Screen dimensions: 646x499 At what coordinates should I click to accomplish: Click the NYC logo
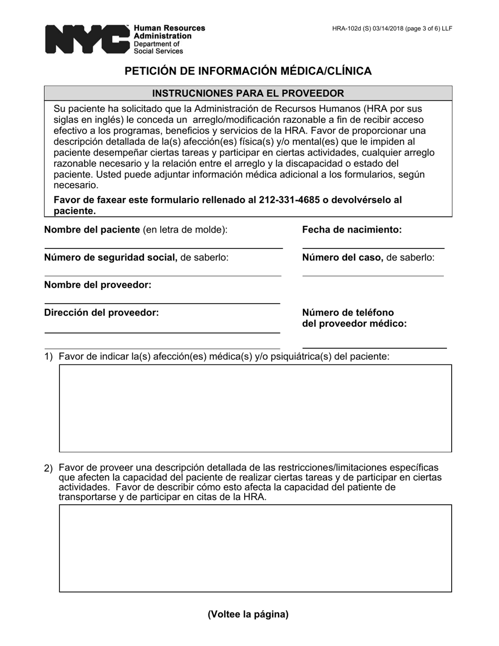tap(87, 39)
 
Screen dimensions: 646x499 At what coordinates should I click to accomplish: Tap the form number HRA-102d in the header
tap(347, 28)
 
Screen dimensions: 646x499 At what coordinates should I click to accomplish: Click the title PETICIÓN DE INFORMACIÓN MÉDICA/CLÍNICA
tap(248, 71)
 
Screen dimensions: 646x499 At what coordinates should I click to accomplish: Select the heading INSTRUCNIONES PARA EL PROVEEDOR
tap(248, 93)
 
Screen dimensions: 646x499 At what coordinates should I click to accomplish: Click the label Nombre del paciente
tap(92, 230)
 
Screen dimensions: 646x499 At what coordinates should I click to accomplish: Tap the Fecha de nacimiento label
tap(351, 230)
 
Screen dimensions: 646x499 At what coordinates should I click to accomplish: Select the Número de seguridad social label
tap(110, 257)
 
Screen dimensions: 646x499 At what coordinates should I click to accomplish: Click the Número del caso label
tap(342, 257)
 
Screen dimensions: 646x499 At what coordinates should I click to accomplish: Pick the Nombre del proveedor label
tap(98, 285)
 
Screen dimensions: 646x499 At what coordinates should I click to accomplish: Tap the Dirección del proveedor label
tap(101, 312)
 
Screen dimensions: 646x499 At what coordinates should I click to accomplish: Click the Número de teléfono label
tap(348, 312)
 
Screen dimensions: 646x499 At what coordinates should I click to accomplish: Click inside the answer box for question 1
tap(255, 408)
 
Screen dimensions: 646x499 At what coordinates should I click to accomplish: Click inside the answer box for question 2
tap(255, 548)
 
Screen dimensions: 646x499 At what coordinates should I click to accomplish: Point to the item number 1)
tap(49, 357)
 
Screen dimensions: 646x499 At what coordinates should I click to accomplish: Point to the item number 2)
tap(49, 468)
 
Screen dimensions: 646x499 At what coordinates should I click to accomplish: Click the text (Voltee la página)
tap(248, 614)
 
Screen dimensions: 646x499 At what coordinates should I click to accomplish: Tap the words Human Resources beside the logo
tap(170, 28)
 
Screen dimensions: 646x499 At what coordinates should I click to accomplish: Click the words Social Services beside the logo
tap(159, 51)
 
